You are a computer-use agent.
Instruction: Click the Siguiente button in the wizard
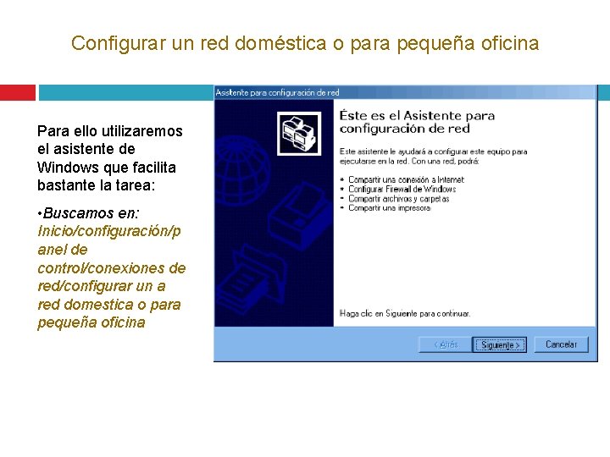500,344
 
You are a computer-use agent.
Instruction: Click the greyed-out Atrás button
446,344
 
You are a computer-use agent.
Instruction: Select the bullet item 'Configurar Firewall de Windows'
402,190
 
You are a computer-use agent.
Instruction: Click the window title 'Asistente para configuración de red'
277,93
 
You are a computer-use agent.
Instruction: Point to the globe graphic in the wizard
247,181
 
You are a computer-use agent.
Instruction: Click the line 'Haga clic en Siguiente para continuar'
404,313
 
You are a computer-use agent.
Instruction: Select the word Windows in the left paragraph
69,167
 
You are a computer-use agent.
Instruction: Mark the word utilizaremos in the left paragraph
142,131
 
